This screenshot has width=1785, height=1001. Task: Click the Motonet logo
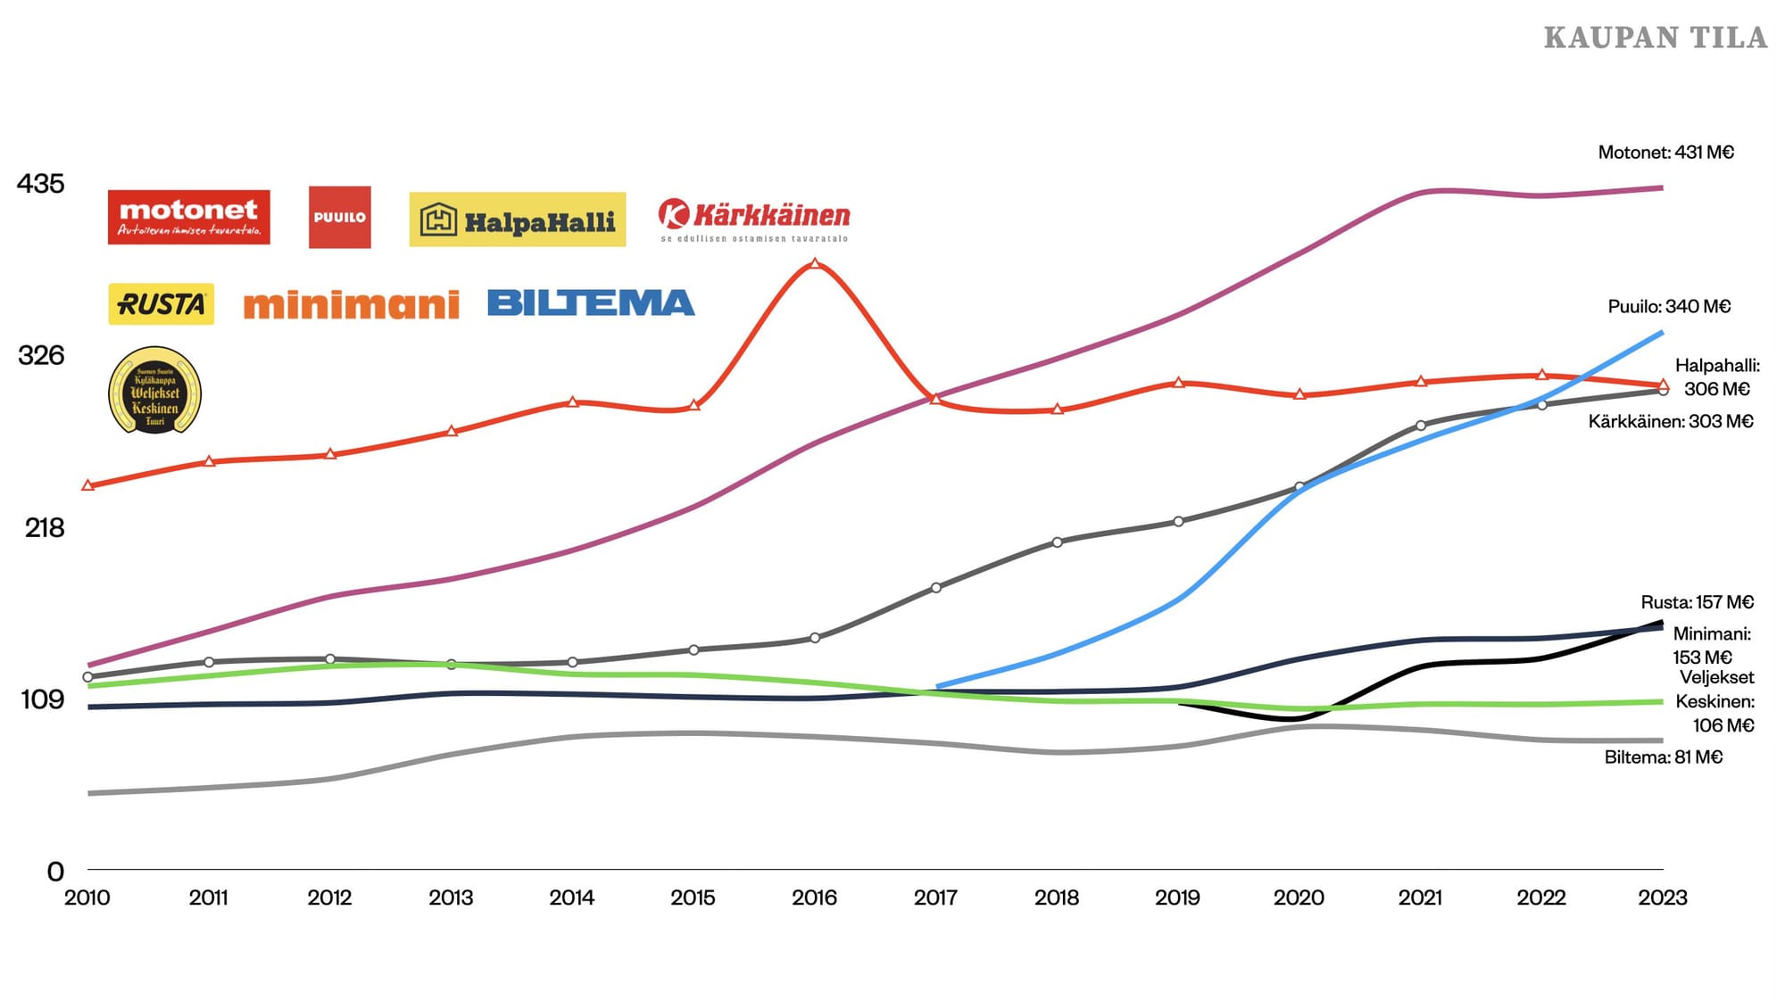(x=188, y=217)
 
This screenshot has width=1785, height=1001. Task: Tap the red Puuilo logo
(x=339, y=217)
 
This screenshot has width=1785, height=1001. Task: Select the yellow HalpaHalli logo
(x=518, y=219)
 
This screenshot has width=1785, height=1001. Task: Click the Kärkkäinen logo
(x=754, y=219)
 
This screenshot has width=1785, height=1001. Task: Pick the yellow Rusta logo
(x=161, y=304)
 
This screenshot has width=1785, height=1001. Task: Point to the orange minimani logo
(x=351, y=305)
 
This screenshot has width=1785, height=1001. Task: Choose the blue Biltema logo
(x=591, y=303)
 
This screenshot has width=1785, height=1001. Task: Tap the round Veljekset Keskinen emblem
(x=154, y=391)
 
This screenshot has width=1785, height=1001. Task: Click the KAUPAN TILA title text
(x=1655, y=37)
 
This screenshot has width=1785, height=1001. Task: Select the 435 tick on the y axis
(x=41, y=184)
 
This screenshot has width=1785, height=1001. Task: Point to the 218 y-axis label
(x=45, y=527)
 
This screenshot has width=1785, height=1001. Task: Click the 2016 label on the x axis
(x=814, y=898)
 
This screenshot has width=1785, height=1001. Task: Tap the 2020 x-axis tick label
(x=1299, y=898)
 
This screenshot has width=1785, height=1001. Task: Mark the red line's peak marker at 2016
(x=814, y=264)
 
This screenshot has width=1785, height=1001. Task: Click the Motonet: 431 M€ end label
(x=1665, y=153)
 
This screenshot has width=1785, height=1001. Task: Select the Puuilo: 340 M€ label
(x=1669, y=307)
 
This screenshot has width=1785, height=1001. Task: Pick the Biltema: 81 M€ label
(x=1663, y=757)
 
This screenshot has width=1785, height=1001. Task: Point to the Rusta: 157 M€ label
(x=1697, y=602)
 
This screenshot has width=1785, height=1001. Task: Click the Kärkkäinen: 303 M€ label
(x=1670, y=421)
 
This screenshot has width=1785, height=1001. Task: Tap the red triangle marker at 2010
(x=87, y=485)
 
